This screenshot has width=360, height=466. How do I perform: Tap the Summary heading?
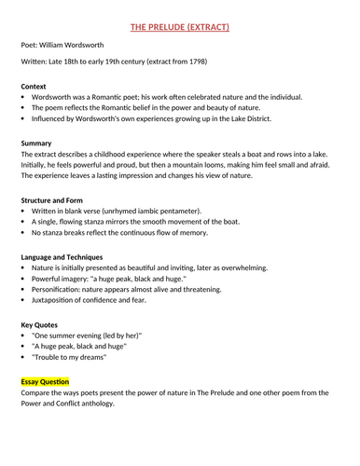(37, 143)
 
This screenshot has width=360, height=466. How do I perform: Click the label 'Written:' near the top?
(35, 62)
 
